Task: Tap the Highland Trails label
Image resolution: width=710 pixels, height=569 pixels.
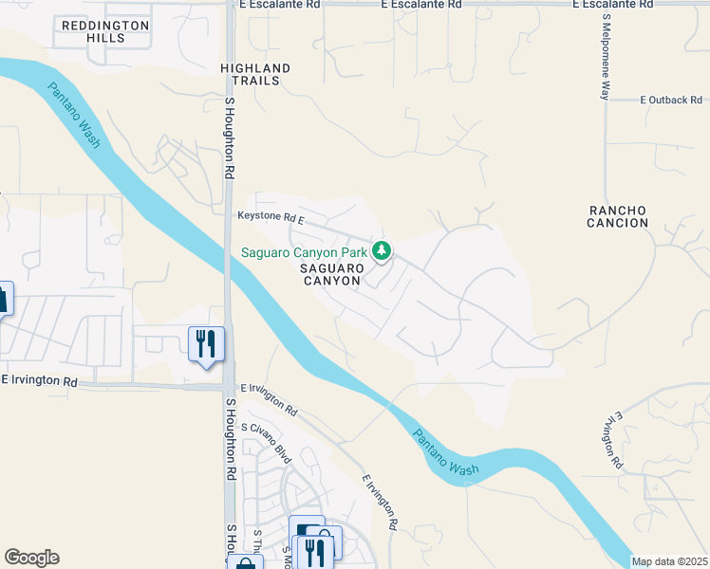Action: click(x=255, y=75)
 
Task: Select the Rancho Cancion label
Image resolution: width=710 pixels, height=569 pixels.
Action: click(x=618, y=216)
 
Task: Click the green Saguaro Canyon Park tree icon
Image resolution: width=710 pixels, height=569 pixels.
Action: click(x=382, y=251)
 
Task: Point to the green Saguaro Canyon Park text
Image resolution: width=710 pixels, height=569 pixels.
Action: click(x=303, y=252)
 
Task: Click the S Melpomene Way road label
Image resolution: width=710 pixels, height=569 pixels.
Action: click(x=605, y=57)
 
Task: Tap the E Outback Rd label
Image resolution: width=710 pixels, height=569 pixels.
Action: click(x=670, y=100)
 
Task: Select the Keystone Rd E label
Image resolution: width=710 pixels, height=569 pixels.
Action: click(x=271, y=218)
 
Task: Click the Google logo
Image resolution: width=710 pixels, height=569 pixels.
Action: click(x=31, y=558)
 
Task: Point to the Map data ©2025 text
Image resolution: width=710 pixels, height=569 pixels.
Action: click(x=668, y=561)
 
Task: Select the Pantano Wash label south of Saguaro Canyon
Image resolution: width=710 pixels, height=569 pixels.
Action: click(x=446, y=453)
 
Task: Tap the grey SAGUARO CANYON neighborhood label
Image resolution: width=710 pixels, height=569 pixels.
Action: click(x=331, y=274)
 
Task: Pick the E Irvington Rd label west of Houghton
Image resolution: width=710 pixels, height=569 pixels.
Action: click(x=39, y=380)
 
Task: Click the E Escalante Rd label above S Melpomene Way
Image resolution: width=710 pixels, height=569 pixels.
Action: click(x=613, y=5)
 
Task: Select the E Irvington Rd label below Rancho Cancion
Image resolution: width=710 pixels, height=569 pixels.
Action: click(x=611, y=441)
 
